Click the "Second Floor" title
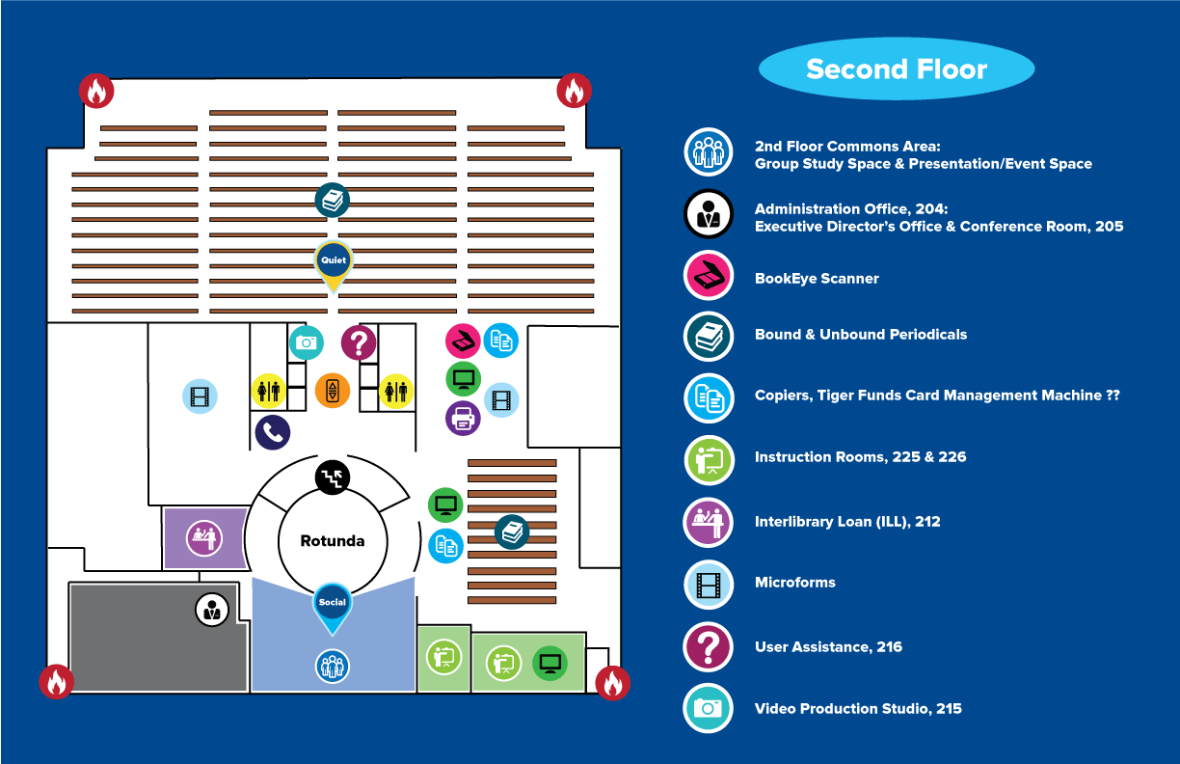coord(897,69)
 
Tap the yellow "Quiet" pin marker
coord(334,261)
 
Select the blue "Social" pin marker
coord(333,604)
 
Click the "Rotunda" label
coord(333,541)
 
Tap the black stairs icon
coord(333,476)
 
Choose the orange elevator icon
coord(333,391)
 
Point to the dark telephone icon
coord(273,432)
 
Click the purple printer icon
coord(464,418)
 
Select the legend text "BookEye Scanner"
coord(817,279)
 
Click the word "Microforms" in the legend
coord(794,583)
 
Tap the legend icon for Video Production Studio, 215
coord(709,709)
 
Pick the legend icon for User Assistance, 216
coord(709,647)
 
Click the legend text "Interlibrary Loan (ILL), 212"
coord(846,522)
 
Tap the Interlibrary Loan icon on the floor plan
coord(204,537)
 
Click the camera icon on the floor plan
coord(307,342)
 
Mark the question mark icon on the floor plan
coord(359,342)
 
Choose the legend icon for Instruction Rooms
coord(709,460)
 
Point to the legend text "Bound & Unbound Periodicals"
coord(860,335)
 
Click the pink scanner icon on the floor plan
coord(464,341)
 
